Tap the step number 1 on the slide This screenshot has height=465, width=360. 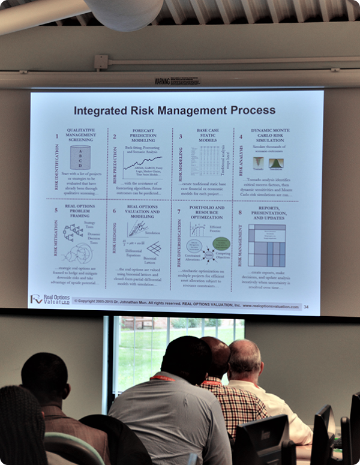point(57,136)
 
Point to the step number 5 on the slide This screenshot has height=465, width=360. point(56,211)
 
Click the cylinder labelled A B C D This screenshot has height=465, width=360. point(80,157)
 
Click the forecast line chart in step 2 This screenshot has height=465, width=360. point(142,162)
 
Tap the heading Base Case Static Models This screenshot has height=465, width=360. point(207,136)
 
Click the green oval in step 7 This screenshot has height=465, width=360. point(221,244)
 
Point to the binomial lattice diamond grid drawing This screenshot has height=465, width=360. point(154,248)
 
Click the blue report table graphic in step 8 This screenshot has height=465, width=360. point(266,245)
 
